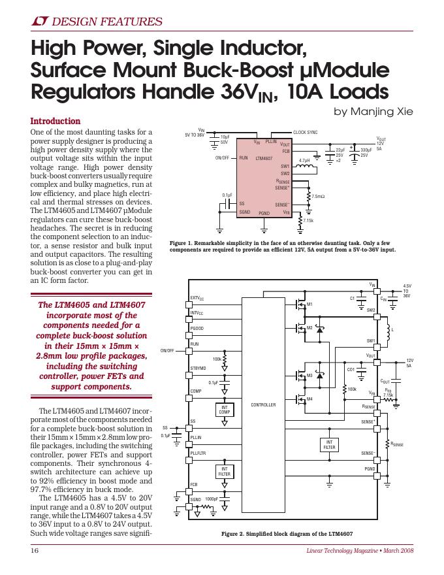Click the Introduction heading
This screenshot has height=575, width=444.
click(56, 122)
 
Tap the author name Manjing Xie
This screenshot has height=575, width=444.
click(373, 111)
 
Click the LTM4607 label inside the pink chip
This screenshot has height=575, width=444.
click(264, 158)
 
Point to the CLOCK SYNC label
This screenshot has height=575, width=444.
click(305, 132)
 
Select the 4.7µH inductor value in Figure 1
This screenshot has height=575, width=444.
click(304, 160)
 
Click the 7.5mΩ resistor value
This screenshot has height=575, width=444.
click(318, 196)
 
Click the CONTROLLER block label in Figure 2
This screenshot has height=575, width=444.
click(264, 405)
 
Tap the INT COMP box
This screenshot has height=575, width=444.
click(225, 410)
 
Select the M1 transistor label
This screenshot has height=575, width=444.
click(309, 304)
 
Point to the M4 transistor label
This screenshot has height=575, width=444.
click(309, 399)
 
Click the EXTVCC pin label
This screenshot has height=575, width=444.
click(197, 298)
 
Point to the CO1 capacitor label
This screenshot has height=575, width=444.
click(351, 370)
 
